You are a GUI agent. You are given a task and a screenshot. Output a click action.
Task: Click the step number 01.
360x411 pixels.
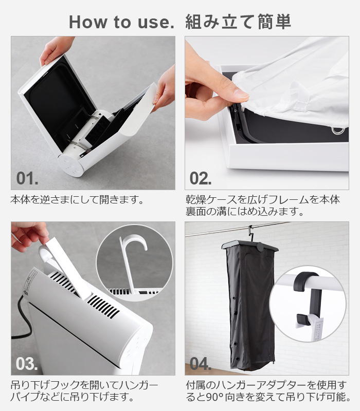click(x=27, y=178)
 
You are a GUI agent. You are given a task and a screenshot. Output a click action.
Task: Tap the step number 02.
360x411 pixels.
click(x=201, y=178)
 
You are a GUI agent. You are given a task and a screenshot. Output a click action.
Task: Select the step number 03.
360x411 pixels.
click(x=27, y=364)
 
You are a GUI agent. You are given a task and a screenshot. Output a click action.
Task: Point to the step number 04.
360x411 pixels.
click(x=201, y=364)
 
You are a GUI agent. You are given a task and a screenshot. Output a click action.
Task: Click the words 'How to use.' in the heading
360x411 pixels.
click(x=121, y=22)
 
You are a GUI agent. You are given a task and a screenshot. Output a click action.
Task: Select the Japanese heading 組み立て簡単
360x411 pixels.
click(x=238, y=22)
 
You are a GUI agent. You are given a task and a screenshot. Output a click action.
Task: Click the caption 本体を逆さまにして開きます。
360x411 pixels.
click(x=78, y=200)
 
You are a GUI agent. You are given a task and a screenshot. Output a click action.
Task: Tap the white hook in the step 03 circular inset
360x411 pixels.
click(x=133, y=259)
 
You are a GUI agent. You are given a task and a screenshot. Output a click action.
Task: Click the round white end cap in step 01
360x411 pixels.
click(x=70, y=165)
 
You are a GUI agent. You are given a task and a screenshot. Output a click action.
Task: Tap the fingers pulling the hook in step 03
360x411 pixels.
click(x=29, y=235)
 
